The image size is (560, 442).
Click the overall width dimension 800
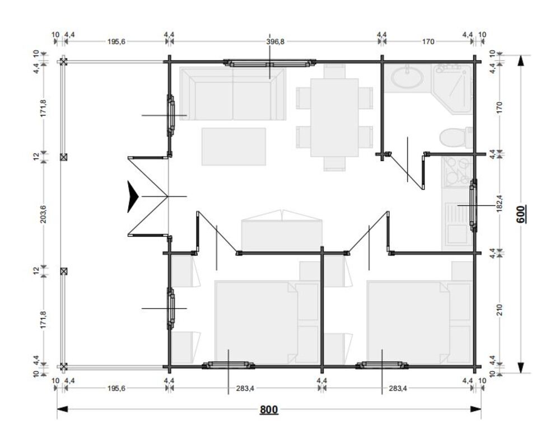(x=269, y=410)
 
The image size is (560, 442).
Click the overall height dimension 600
(x=521, y=214)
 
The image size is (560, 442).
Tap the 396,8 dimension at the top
(x=276, y=41)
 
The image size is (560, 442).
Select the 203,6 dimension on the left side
(x=44, y=214)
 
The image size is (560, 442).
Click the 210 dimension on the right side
(x=500, y=309)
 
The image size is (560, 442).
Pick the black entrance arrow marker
(x=133, y=196)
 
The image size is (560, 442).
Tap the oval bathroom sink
(x=407, y=78)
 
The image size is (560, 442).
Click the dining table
(x=334, y=117)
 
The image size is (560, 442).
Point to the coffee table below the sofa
(x=234, y=147)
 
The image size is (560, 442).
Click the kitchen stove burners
(x=458, y=172)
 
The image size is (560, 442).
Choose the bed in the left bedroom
(x=256, y=323)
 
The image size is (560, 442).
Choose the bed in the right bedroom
(x=409, y=323)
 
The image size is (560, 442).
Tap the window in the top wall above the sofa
(x=270, y=63)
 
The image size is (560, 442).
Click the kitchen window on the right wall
(x=474, y=205)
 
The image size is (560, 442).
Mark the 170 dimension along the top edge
(x=428, y=41)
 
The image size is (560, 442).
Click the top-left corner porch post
(x=63, y=62)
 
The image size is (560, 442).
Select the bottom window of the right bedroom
(x=382, y=365)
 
